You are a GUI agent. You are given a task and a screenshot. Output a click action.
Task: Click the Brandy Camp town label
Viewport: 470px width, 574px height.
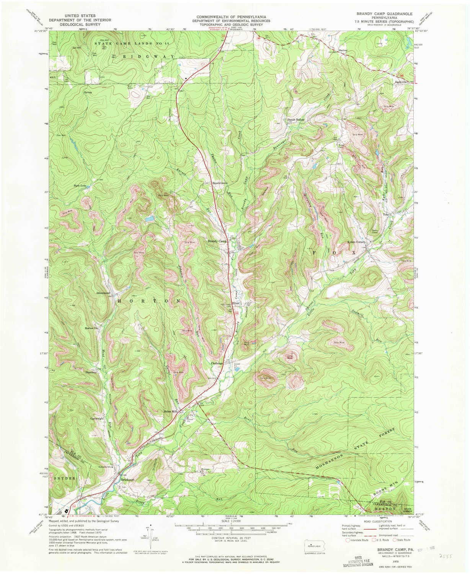point(217,241)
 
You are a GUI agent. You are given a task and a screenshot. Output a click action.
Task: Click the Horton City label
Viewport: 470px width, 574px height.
point(92,328)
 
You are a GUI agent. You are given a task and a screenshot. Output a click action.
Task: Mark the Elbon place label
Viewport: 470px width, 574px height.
point(236,303)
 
